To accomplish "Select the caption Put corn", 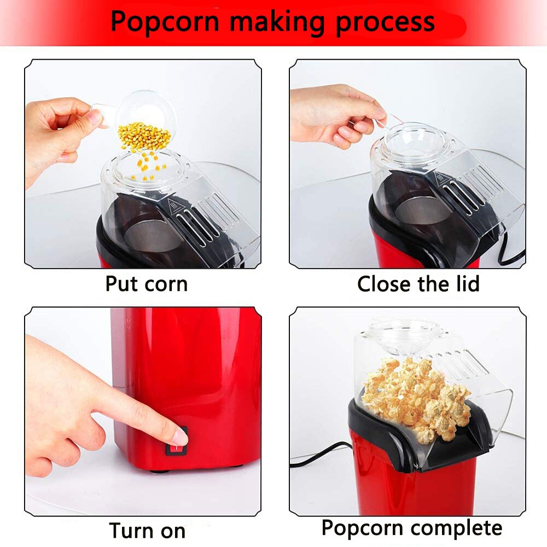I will tap(146, 284).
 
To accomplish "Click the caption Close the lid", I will tap(418, 284).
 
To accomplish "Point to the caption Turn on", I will tap(147, 530).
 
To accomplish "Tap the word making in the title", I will tap(276, 22).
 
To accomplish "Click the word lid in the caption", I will tap(465, 284).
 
